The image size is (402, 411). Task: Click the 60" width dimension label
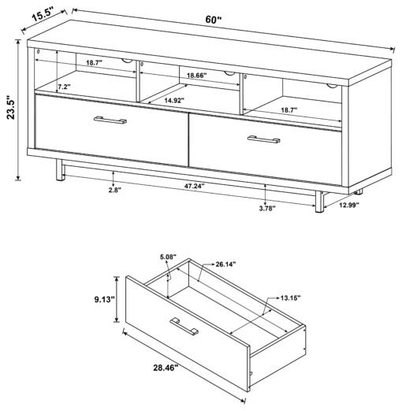(x=214, y=20)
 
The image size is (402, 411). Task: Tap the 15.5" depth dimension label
(x=43, y=15)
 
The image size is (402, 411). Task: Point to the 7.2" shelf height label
(x=64, y=87)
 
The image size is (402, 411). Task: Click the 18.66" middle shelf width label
(x=197, y=76)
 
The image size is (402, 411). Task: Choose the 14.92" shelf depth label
(x=174, y=100)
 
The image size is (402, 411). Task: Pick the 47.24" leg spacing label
(x=194, y=187)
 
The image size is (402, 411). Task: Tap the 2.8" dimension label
(x=115, y=190)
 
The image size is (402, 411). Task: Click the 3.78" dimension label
(x=267, y=209)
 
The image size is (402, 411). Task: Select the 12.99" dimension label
(x=349, y=205)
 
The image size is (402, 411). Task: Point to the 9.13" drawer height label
(x=105, y=299)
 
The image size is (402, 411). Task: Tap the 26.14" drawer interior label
(x=225, y=264)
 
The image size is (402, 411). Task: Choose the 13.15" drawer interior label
(x=290, y=298)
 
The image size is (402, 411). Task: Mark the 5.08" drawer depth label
(x=168, y=257)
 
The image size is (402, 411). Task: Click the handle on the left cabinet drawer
(x=110, y=120)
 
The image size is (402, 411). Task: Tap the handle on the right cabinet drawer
(x=264, y=139)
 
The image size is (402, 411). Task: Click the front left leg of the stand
(x=60, y=170)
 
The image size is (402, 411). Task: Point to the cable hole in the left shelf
(x=127, y=61)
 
